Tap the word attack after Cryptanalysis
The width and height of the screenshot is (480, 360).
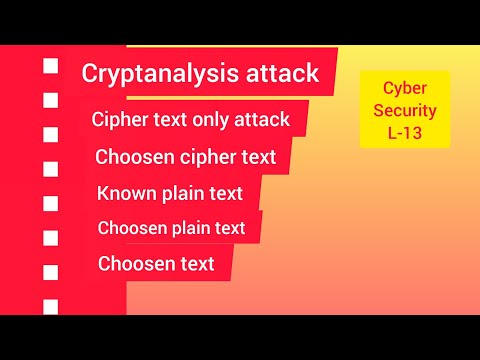tap(283, 73)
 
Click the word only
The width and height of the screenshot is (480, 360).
tap(210, 119)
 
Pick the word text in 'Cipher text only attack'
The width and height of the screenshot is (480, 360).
tap(169, 119)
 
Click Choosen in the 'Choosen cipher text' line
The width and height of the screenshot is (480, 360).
tap(129, 156)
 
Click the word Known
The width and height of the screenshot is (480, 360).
tap(122, 192)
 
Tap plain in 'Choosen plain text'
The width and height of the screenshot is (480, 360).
tap(192, 228)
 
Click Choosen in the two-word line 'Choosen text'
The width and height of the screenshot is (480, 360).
tap(132, 264)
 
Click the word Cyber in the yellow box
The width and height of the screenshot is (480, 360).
tap(405, 88)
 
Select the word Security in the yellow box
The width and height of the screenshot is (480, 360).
tap(405, 109)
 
